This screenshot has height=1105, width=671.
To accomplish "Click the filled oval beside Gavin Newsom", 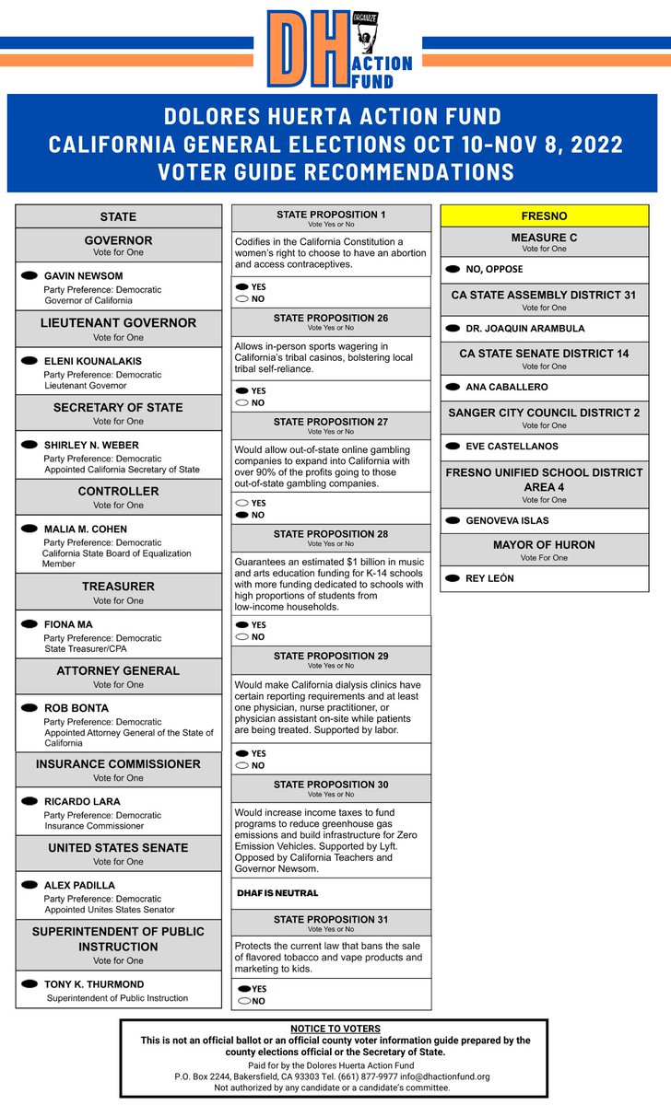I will coord(29,275).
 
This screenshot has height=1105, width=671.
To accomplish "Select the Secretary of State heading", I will coord(118,407).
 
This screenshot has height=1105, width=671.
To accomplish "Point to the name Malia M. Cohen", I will coord(86,529).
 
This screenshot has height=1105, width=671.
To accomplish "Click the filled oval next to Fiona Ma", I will coord(29,624).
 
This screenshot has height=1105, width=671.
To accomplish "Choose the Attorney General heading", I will coord(118,670).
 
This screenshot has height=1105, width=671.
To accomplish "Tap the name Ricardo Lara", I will coord(82,801).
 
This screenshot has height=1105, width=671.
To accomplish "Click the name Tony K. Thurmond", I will coord(94,984).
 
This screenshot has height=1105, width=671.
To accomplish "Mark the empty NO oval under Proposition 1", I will coord(242,299).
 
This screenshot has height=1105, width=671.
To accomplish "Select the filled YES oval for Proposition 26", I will coord(242,390).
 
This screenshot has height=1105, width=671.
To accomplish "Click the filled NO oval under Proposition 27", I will coord(242,516).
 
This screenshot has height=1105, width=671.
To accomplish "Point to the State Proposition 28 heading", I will coord(331,534).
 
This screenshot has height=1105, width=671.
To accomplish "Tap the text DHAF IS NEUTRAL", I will coord(277,893).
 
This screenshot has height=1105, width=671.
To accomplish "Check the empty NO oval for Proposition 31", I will coord(244,1001).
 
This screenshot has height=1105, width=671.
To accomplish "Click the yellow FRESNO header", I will coord(544,215).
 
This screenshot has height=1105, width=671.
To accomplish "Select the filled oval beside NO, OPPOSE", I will coord(453,269).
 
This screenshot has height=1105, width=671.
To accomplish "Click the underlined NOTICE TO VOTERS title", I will coord(335,1029).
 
